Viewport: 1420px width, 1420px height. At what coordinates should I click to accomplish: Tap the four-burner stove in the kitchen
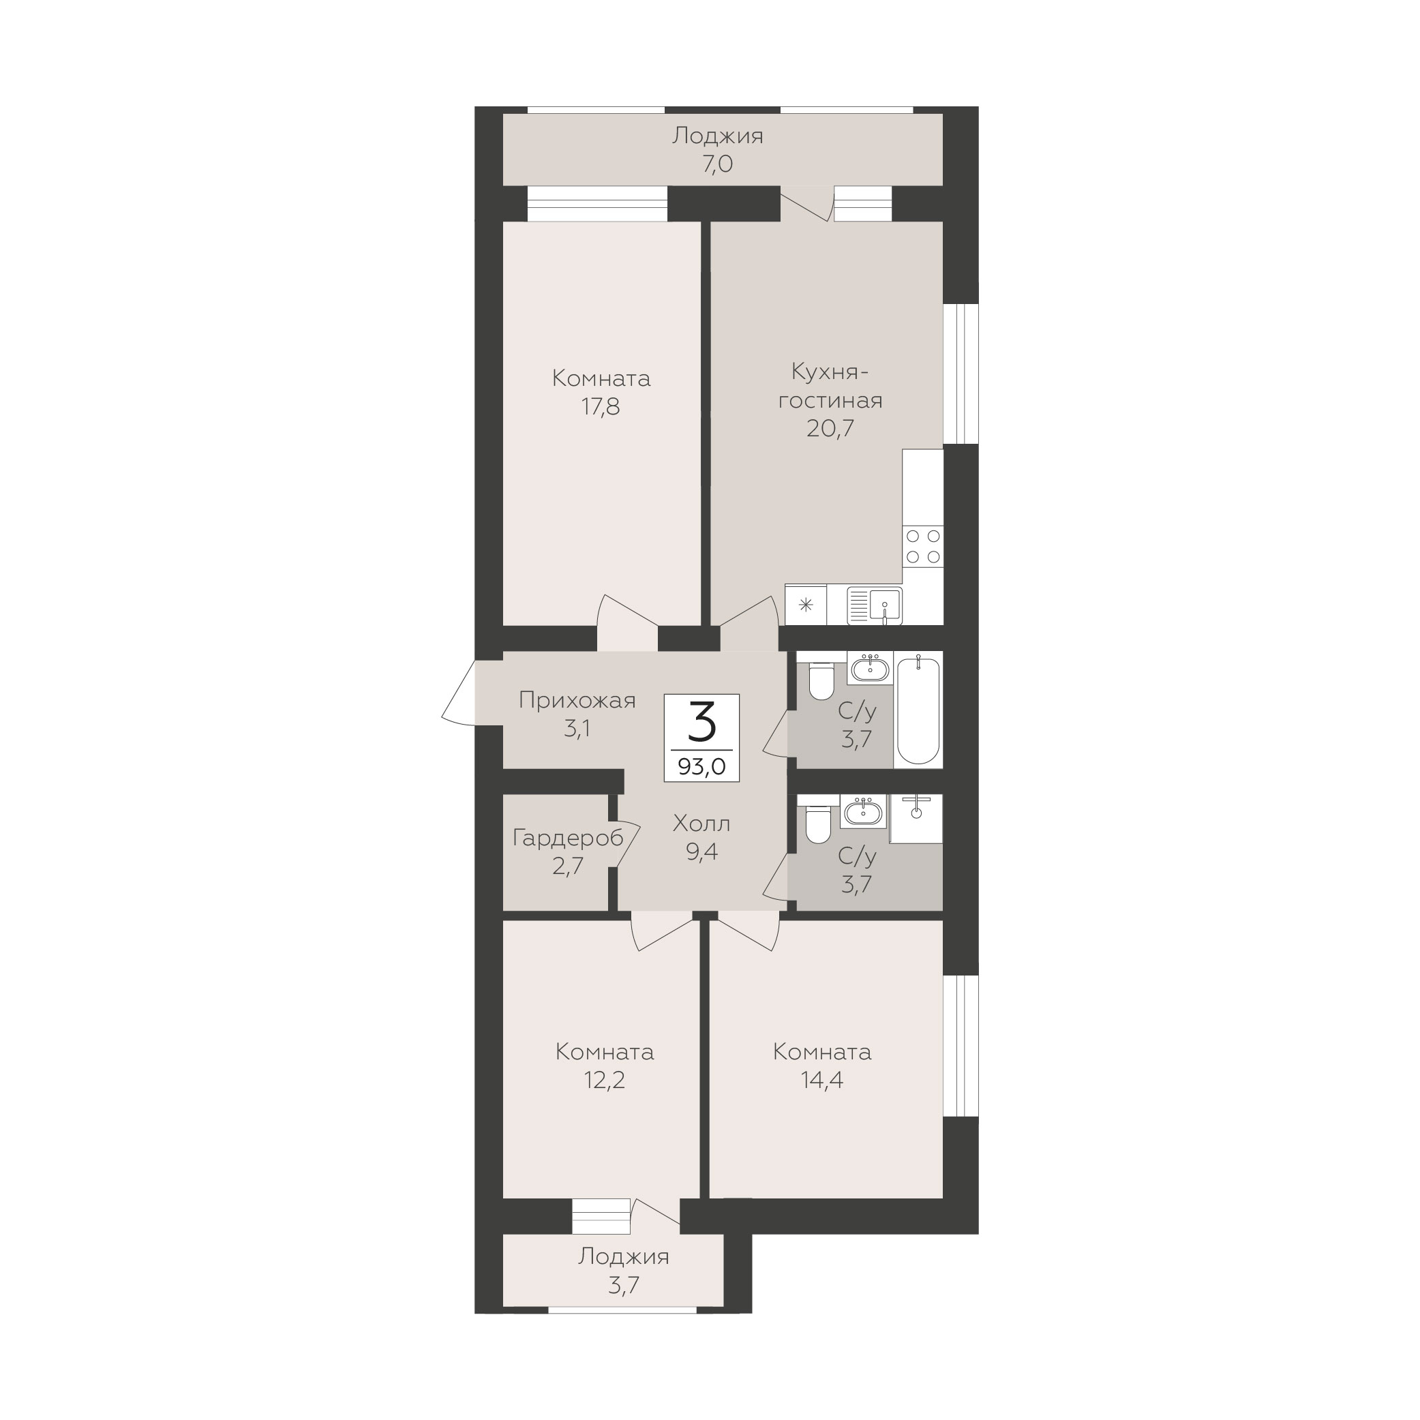pyautogui.click(x=923, y=547)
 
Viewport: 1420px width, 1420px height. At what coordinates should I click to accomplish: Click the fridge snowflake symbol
pyautogui.click(x=806, y=605)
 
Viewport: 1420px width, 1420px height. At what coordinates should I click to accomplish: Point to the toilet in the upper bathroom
pyautogui.click(x=821, y=680)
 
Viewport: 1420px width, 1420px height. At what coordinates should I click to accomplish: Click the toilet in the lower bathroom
pyautogui.click(x=818, y=824)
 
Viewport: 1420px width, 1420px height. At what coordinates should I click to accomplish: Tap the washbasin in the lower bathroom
pyautogui.click(x=865, y=812)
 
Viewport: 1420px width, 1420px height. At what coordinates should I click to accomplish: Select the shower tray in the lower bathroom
pyautogui.click(x=916, y=818)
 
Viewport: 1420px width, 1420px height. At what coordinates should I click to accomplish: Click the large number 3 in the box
pyautogui.click(x=702, y=722)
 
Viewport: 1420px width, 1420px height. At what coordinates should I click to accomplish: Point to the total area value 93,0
pyautogui.click(x=702, y=768)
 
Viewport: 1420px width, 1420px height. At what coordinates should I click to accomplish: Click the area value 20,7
pyautogui.click(x=830, y=427)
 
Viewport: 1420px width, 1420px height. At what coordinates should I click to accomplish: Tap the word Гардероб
pyautogui.click(x=568, y=837)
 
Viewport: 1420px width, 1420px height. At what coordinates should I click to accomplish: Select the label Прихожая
pyautogui.click(x=577, y=700)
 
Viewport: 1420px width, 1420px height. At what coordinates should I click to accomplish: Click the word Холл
pyautogui.click(x=702, y=824)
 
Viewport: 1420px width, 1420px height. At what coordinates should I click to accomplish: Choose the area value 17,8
pyautogui.click(x=601, y=406)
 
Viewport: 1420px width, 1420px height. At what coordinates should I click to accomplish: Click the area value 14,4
pyautogui.click(x=822, y=1080)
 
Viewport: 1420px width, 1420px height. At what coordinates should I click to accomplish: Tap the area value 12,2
pyautogui.click(x=604, y=1080)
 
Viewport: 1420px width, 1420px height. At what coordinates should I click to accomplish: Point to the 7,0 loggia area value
pyautogui.click(x=717, y=164)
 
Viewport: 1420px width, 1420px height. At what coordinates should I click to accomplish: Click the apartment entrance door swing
pyautogui.click(x=459, y=694)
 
